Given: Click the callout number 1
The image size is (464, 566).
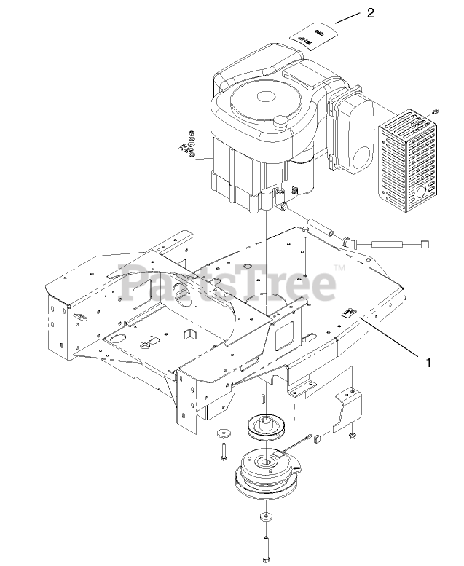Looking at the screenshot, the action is coord(428,361).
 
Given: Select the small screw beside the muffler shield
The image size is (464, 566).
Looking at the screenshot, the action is coord(435,111).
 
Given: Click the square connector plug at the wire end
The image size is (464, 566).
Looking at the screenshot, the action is coord(426,245).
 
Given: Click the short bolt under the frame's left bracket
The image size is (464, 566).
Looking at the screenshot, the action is coord(221,450).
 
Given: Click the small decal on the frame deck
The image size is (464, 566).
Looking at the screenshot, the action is coord(350,313).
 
